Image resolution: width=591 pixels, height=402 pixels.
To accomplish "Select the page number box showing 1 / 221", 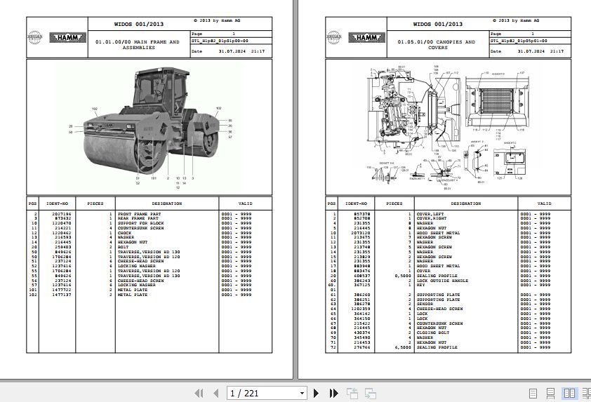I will tap(267, 393).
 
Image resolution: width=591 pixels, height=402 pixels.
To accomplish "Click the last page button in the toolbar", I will tap(333, 393).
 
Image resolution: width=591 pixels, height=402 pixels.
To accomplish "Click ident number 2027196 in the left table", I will tap(61, 213).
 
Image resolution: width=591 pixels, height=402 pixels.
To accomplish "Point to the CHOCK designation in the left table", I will tap(125, 233).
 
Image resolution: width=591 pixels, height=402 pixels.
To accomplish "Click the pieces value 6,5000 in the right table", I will tap(402, 347).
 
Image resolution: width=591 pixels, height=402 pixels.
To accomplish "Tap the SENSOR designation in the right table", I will tap(426, 304).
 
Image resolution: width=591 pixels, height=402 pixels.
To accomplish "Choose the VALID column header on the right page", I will tap(545, 203).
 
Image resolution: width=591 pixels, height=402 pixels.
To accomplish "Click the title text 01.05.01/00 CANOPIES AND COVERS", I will tap(436, 44).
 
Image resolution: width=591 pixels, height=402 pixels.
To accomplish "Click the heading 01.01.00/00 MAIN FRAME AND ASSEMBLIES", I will tap(137, 44).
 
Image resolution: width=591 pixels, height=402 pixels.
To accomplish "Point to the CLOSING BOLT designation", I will tap(431, 333).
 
